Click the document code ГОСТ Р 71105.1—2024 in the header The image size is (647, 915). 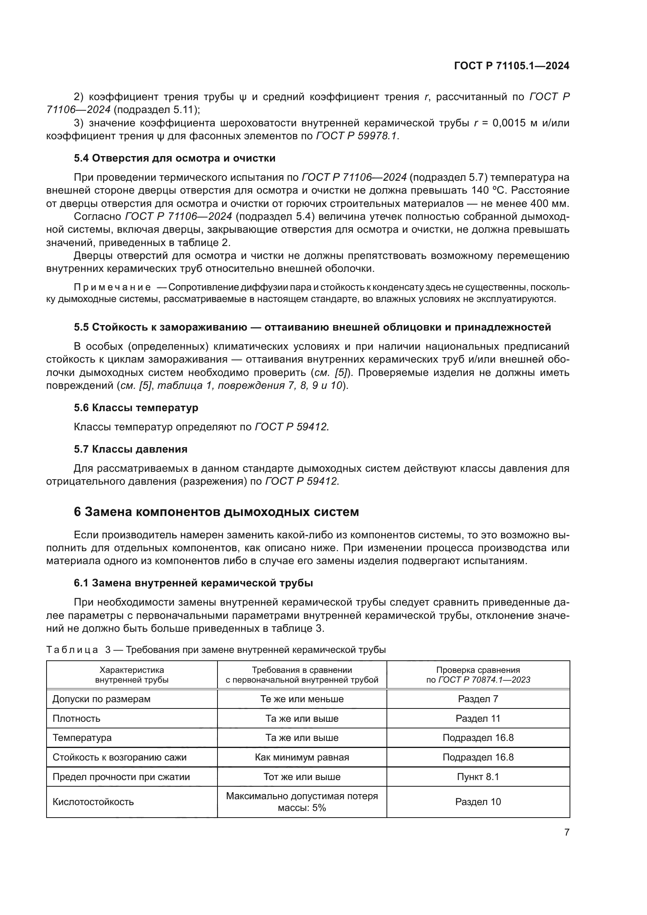coord(512,66)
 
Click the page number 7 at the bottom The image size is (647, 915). coord(566,832)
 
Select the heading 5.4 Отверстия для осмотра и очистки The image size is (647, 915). coord(174,158)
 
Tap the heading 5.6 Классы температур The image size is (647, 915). coord(136,408)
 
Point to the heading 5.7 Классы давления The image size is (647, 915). coord(130,449)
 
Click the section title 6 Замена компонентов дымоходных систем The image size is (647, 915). coord(216,512)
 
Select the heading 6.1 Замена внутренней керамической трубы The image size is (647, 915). coord(193,583)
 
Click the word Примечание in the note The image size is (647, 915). coord(112,288)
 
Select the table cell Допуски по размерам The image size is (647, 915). coord(102,699)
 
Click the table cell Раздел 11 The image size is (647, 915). coord(478,719)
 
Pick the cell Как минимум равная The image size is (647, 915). coord(302,757)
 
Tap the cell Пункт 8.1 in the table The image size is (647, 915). coord(478,777)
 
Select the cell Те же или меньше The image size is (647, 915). coord(302,699)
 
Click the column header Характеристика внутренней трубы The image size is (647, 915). coord(131,675)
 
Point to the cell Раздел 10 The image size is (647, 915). coord(478,802)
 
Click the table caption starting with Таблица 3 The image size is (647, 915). coord(216,650)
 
